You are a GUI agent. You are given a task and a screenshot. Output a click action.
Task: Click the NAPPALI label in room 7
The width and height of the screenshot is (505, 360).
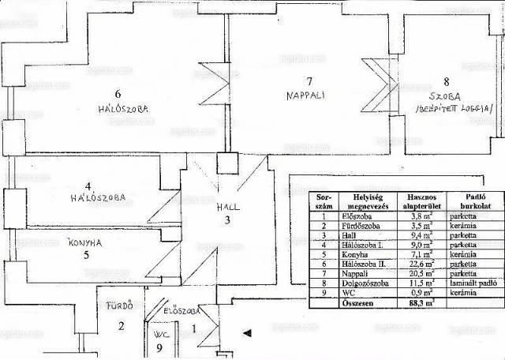305,96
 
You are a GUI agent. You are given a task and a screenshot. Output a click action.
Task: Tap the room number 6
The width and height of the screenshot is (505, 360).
118,92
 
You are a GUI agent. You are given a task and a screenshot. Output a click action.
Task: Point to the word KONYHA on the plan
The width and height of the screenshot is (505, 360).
86,242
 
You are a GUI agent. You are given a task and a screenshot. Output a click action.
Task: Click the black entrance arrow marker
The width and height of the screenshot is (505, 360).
247,332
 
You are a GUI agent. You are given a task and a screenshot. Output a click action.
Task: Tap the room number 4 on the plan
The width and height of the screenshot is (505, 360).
88,186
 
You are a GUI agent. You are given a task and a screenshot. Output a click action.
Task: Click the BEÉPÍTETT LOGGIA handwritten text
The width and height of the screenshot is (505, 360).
458,108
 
